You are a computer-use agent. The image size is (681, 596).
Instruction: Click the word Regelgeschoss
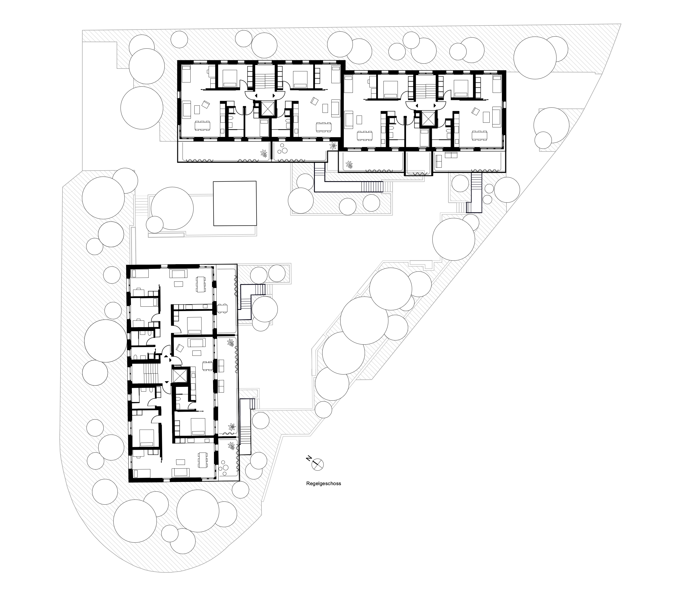click(323, 484)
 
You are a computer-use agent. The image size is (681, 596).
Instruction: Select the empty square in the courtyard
click(235, 203)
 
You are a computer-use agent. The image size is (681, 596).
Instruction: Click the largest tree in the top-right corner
click(535, 58)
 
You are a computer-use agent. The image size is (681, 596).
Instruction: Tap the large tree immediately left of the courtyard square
click(172, 208)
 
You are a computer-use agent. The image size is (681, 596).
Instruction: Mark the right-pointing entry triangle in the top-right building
click(435, 105)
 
